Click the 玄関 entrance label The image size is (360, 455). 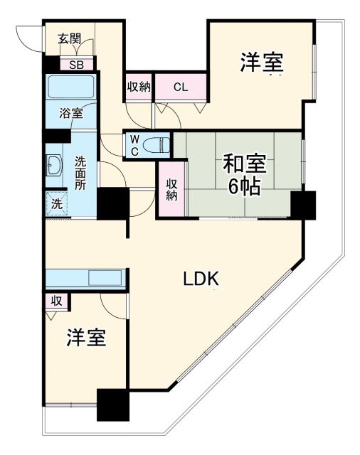coord(69,39)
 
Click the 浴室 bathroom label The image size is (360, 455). coord(70,113)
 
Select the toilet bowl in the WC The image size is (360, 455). coord(155,145)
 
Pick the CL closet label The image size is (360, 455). coord(181,88)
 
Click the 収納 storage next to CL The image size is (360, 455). coord(139,87)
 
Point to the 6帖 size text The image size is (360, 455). coord(244,187)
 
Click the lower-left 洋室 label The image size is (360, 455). coord(87,338)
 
